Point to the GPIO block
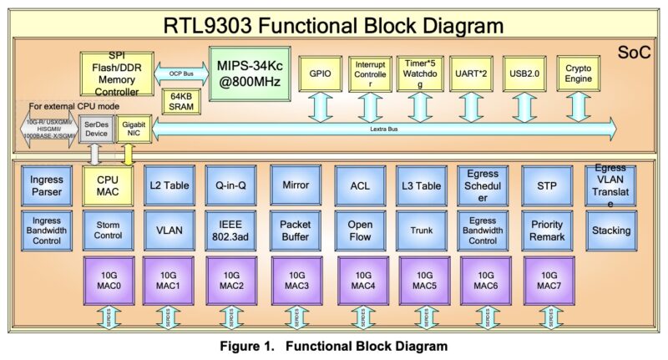point(319,74)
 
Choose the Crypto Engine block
point(579,74)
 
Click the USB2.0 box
point(523,74)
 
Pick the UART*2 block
point(471,74)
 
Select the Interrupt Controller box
point(370,74)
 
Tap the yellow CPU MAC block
point(108,185)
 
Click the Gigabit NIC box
point(131,129)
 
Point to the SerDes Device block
point(96,129)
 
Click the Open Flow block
point(360,231)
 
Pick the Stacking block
point(610,231)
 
